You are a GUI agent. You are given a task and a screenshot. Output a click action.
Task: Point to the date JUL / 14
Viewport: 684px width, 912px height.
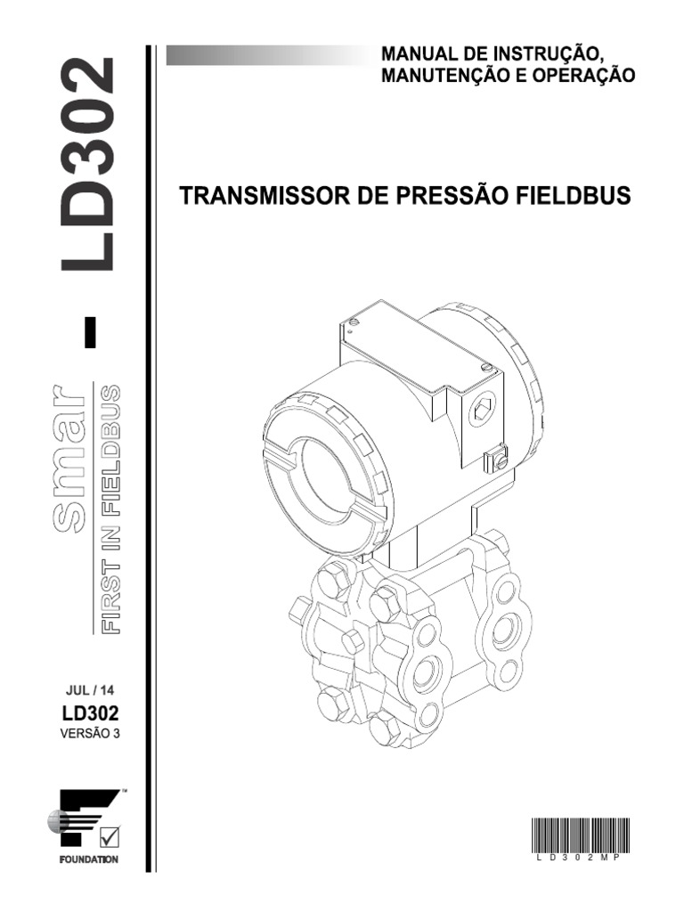tap(89, 689)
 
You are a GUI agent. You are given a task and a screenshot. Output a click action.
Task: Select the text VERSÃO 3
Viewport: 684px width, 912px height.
tap(89, 735)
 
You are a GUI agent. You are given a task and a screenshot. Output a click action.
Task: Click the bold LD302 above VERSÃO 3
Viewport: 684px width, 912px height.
tap(90, 712)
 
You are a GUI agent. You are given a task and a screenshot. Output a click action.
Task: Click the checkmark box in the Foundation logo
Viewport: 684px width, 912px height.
tap(110, 836)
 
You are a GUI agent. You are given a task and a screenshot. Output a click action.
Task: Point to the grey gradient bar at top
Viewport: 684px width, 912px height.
tap(267, 56)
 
